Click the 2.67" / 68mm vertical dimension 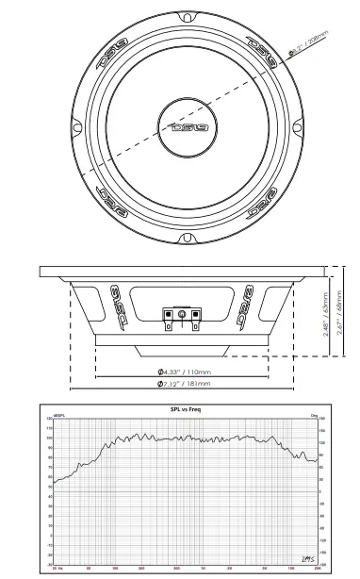pos(339,316)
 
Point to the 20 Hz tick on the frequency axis pos(57,571)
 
